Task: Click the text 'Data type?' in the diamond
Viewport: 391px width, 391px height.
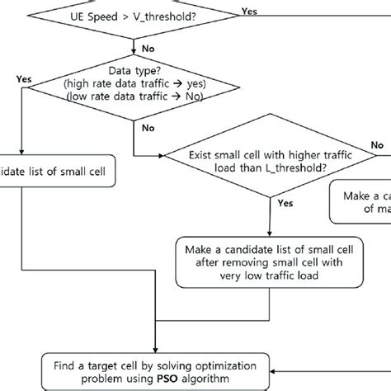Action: tap(132, 72)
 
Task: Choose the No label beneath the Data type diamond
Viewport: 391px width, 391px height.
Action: tap(148, 128)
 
